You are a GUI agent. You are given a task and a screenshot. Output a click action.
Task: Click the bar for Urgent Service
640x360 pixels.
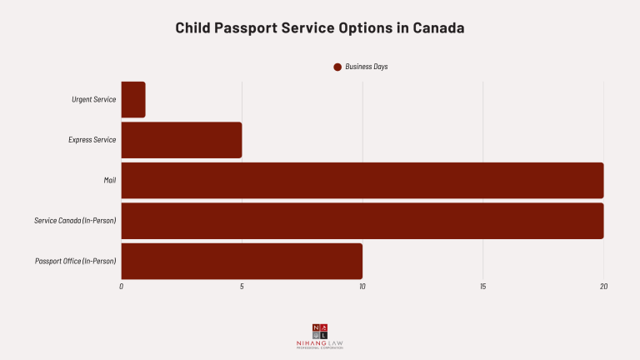tap(133, 99)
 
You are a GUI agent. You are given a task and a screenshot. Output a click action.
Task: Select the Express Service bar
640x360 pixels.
tap(182, 140)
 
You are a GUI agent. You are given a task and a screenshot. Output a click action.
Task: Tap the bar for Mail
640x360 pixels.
tap(362, 180)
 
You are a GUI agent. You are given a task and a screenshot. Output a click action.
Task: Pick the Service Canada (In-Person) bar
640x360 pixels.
tap(362, 221)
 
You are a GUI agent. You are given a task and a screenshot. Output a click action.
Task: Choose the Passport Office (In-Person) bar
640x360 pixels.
tap(242, 261)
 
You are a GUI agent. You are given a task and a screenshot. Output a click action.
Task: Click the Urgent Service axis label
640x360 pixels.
tap(93, 99)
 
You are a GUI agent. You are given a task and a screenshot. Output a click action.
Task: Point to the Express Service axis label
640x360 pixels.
tap(92, 140)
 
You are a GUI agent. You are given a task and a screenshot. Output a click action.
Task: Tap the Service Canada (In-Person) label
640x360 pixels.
tap(75, 221)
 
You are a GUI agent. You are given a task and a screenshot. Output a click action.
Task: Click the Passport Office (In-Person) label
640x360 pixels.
tap(75, 261)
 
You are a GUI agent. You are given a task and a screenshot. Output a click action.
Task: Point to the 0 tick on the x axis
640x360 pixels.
tap(122, 287)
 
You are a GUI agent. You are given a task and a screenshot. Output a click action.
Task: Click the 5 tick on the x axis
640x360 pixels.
tap(242, 287)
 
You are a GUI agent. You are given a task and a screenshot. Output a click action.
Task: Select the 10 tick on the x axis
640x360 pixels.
tap(362, 287)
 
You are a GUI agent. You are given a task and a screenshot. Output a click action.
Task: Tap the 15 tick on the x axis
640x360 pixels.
tap(483, 287)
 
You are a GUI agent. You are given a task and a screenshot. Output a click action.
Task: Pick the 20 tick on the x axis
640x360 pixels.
tap(603, 287)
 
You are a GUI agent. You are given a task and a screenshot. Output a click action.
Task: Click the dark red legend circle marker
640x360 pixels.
tap(337, 67)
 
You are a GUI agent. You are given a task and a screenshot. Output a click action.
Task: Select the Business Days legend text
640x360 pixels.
tap(366, 67)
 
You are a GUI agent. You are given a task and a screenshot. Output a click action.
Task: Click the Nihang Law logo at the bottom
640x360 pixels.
tap(320, 335)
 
